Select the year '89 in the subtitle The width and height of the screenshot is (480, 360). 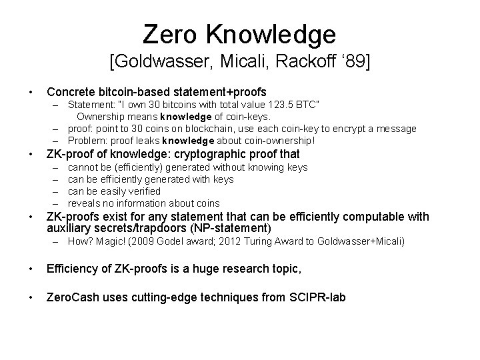(352, 63)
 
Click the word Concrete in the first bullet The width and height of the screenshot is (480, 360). (72, 91)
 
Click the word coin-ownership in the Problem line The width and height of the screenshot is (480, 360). (277, 141)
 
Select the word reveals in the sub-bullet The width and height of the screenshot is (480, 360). (85, 203)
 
